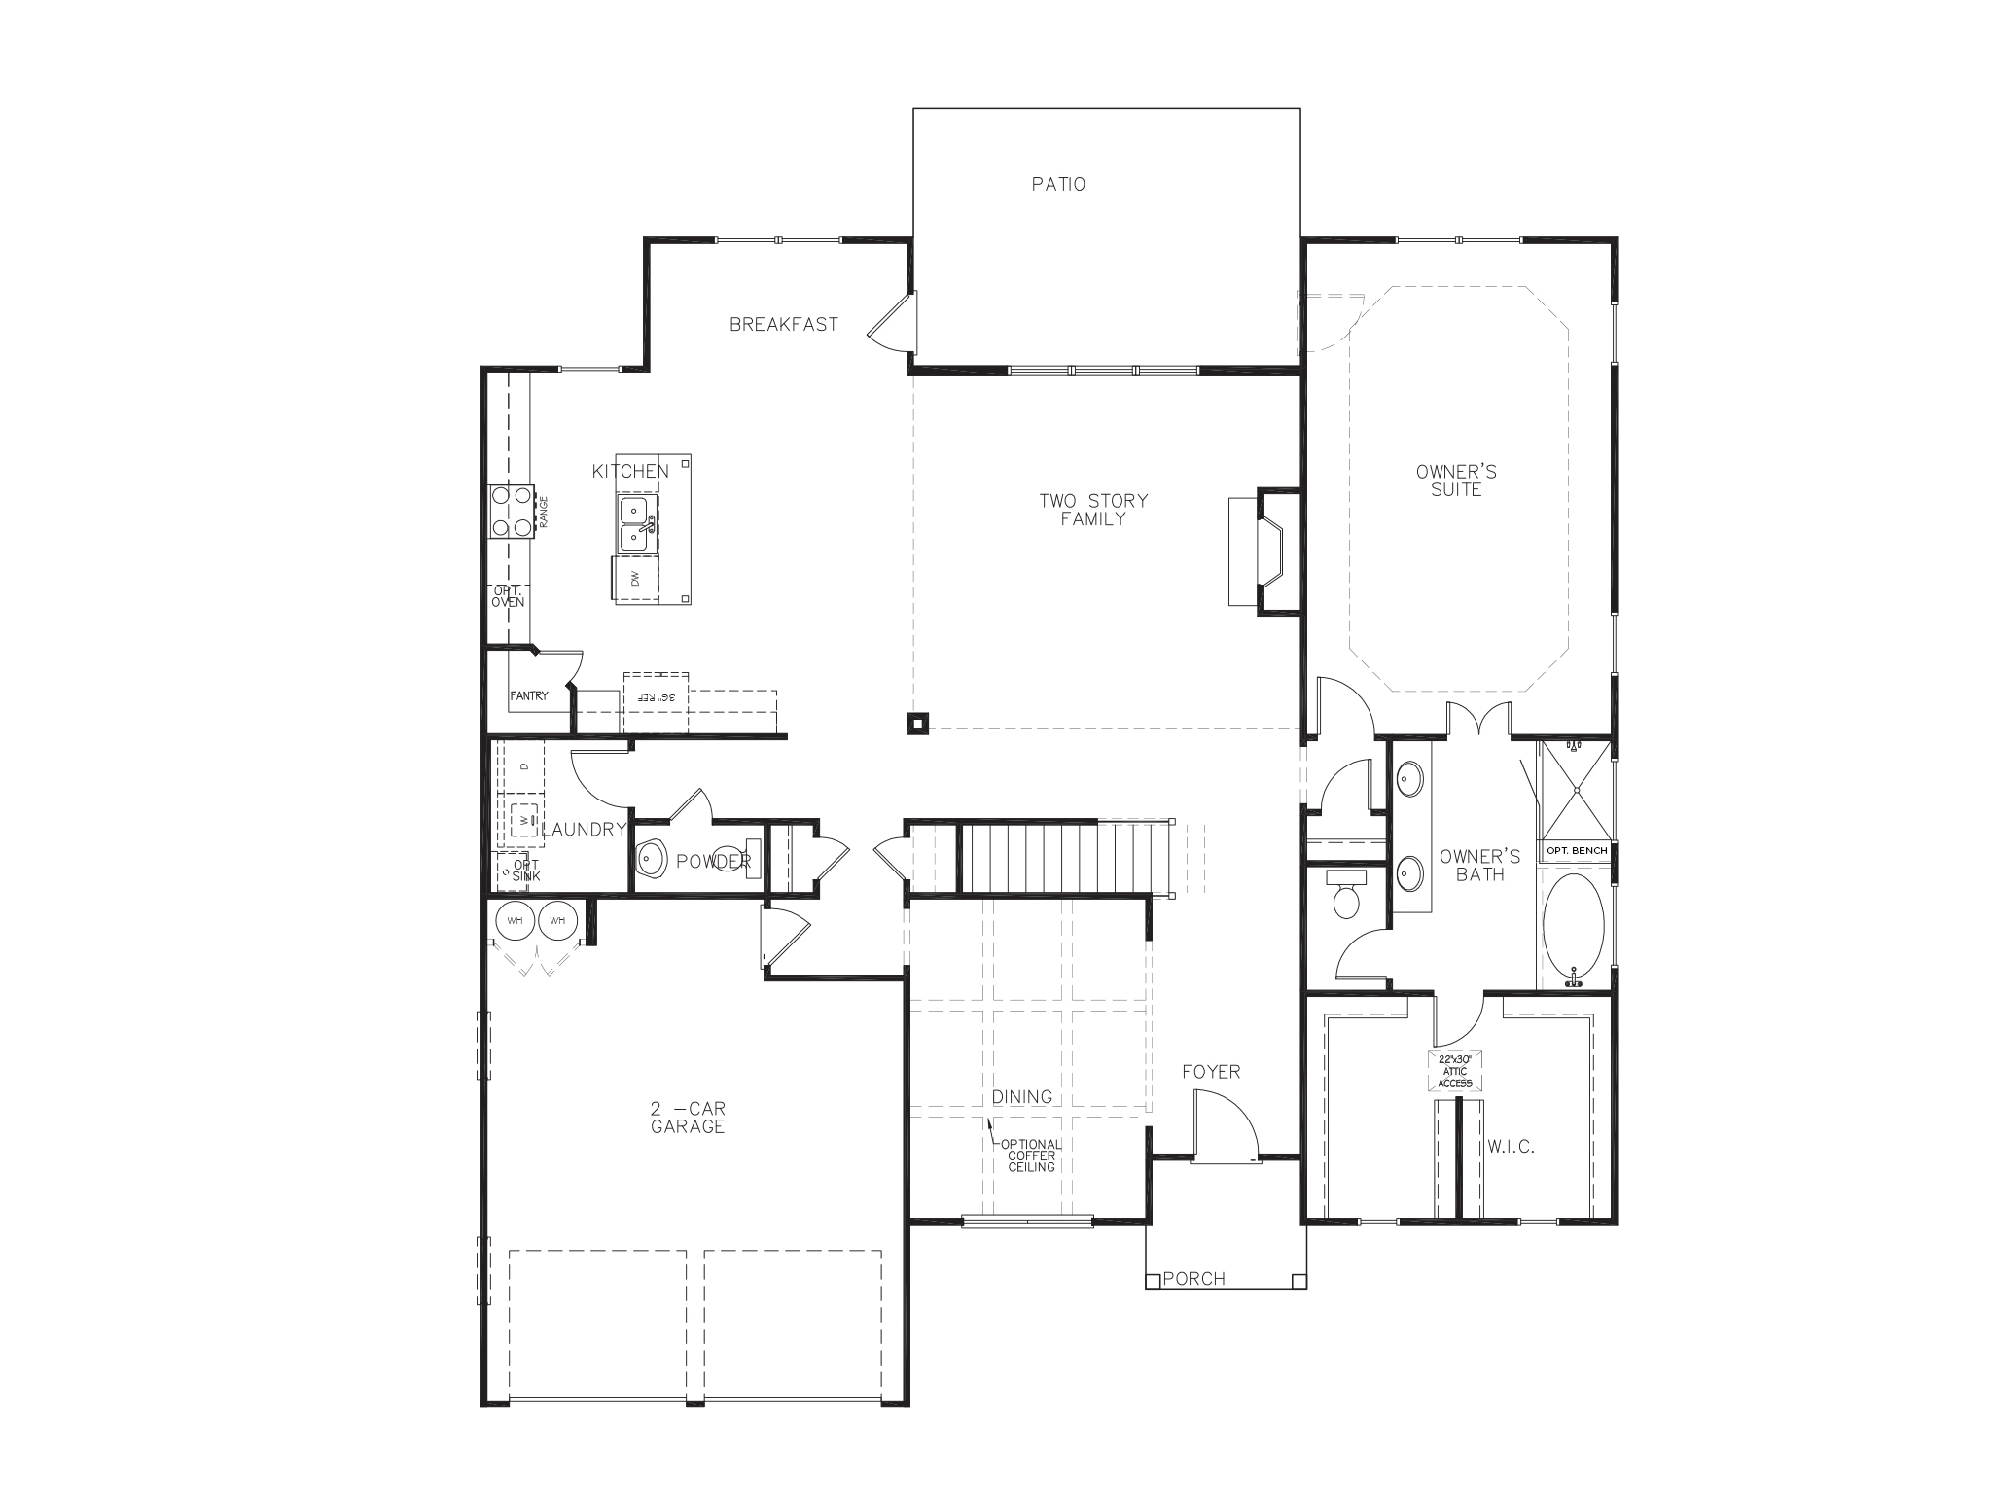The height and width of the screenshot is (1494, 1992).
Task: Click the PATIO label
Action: pyautogui.click(x=1058, y=184)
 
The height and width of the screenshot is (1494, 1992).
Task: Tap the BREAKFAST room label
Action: pyautogui.click(x=783, y=325)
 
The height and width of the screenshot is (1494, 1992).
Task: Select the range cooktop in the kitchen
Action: pyautogui.click(x=512, y=512)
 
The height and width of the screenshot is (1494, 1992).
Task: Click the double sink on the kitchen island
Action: pyautogui.click(x=637, y=522)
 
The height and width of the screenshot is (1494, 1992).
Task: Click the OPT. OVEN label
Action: pyautogui.click(x=507, y=596)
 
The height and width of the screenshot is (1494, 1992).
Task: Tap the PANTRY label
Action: pyautogui.click(x=529, y=695)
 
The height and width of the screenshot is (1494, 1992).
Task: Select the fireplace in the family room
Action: pyautogui.click(x=1269, y=551)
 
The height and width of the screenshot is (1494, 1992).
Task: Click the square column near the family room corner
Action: pyautogui.click(x=917, y=723)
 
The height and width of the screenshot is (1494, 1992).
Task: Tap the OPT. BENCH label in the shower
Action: pyautogui.click(x=1576, y=851)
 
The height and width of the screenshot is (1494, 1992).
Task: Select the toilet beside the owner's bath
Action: pyautogui.click(x=1346, y=896)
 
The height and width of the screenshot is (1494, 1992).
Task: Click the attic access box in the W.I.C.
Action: pyautogui.click(x=1456, y=1071)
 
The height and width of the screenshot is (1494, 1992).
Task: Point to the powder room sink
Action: pyautogui.click(x=652, y=860)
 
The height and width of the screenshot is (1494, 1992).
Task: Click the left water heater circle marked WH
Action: pyautogui.click(x=514, y=920)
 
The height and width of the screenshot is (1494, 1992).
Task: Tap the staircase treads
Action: pyautogui.click(x=1028, y=857)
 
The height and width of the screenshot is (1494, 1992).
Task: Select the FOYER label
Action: pyautogui.click(x=1211, y=1072)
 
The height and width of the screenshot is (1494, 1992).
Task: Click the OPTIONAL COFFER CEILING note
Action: pyautogui.click(x=1031, y=1156)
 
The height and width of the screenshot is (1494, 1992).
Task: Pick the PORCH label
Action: pyautogui.click(x=1193, y=1279)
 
